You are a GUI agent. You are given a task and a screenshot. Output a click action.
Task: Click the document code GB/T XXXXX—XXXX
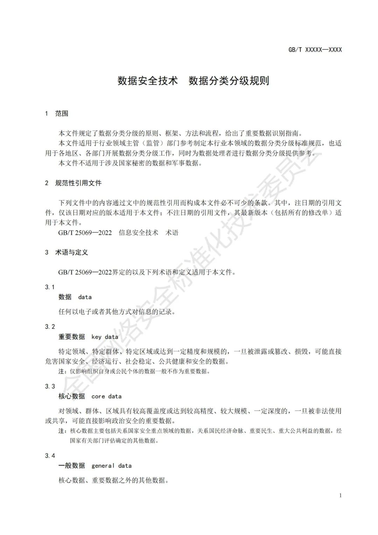(315, 50)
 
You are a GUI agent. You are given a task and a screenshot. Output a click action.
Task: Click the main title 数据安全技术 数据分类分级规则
(193, 81)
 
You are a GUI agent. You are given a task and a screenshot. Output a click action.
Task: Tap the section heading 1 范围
(57, 114)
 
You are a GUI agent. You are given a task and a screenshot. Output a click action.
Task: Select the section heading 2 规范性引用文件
(73, 183)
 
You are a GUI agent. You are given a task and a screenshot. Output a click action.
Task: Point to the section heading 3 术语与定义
(66, 252)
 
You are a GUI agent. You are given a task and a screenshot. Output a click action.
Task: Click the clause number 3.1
(50, 287)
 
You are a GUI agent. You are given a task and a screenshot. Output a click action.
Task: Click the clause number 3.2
(50, 327)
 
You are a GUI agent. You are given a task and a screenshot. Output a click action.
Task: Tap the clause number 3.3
(50, 386)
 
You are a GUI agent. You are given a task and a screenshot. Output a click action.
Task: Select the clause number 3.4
(50, 455)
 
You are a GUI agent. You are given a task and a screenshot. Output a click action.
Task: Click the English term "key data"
(105, 337)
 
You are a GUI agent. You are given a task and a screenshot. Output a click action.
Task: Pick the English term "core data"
(106, 396)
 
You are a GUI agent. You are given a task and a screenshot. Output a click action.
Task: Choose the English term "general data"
(111, 466)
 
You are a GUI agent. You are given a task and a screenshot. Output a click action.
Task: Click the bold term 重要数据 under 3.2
(72, 337)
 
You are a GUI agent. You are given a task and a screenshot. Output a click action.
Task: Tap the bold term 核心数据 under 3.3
(72, 396)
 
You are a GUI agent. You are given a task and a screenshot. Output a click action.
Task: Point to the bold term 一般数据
(72, 466)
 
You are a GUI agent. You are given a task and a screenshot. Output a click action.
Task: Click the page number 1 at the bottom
(340, 495)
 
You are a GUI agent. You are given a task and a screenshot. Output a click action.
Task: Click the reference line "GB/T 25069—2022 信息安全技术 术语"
(118, 233)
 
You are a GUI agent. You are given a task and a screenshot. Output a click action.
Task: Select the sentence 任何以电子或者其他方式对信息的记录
(117, 311)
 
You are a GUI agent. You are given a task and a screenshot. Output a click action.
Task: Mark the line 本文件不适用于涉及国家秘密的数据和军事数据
(130, 163)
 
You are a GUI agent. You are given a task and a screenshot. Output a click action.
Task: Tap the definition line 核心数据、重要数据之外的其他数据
(113, 480)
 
